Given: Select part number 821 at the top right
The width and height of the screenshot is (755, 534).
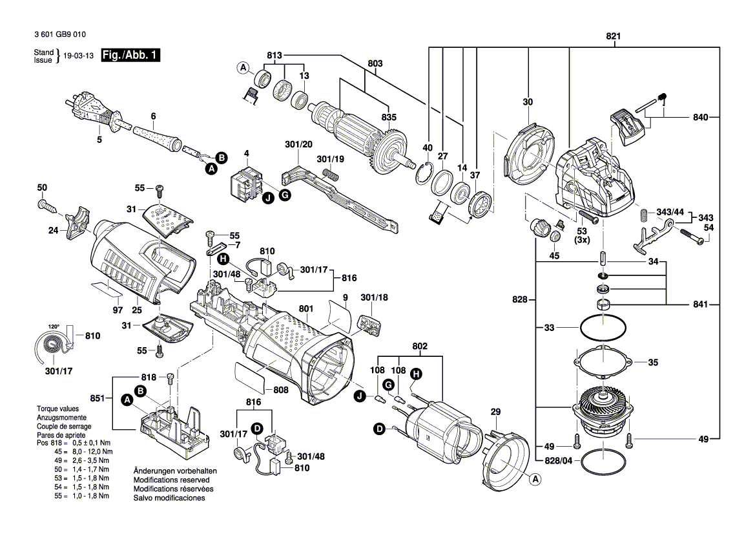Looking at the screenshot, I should [x=613, y=36].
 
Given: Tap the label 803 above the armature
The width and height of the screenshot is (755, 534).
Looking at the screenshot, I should [x=375, y=63].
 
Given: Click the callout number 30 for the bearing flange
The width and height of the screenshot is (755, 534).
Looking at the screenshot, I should [x=528, y=101].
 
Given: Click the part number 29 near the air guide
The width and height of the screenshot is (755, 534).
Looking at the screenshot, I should [x=495, y=412].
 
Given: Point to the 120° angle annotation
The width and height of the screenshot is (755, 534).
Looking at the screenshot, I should [x=53, y=326].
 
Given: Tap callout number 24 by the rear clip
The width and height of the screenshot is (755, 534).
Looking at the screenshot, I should [x=53, y=230].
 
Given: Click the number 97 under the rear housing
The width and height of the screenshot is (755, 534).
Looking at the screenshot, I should [x=118, y=310].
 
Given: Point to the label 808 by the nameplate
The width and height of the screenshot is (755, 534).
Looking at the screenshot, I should [x=281, y=390].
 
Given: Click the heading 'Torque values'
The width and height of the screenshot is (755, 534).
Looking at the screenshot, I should [x=57, y=409].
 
